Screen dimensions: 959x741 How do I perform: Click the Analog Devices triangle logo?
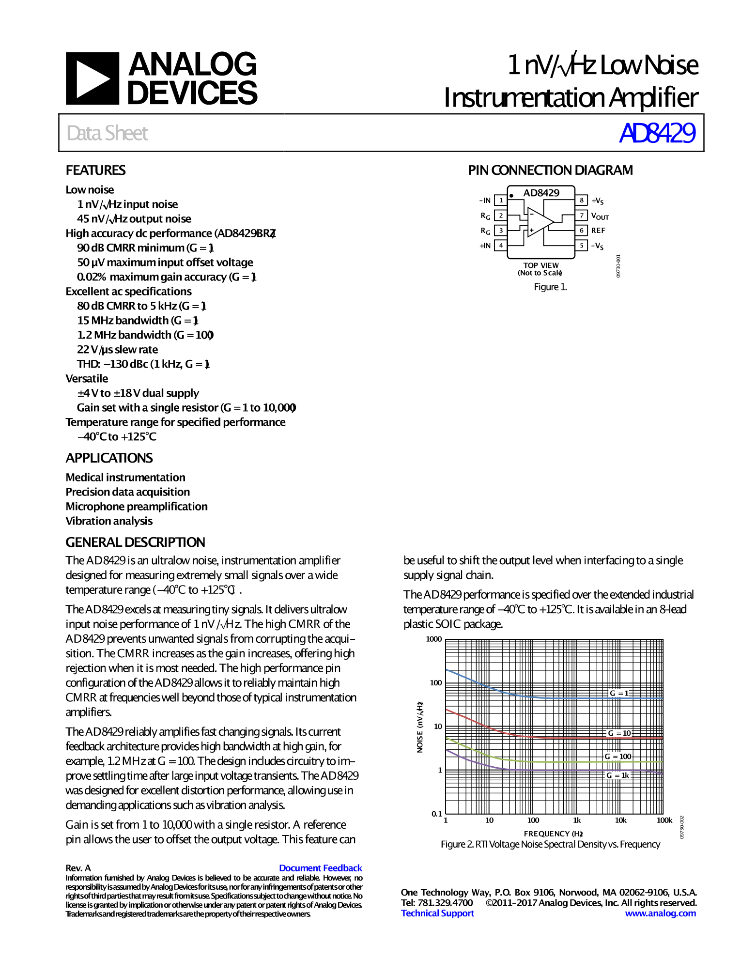(92, 78)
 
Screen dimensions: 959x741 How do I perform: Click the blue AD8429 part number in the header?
(657, 133)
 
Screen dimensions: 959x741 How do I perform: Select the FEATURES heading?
(95, 170)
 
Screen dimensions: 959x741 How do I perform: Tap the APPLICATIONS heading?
(109, 458)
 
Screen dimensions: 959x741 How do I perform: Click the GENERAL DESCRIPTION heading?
(135, 542)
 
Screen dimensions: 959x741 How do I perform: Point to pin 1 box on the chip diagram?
(501, 201)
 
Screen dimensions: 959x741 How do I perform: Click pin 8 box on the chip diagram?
(581, 201)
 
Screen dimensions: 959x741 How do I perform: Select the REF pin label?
(598, 231)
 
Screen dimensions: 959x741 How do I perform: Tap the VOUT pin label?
(600, 216)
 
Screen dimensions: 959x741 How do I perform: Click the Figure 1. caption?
(550, 287)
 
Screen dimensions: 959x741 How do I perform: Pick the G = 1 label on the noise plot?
(619, 693)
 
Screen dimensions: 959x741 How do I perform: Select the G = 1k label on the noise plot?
(618, 775)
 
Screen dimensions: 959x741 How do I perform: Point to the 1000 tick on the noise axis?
(434, 639)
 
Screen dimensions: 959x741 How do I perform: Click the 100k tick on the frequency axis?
(664, 820)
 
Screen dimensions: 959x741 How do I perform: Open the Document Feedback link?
(320, 868)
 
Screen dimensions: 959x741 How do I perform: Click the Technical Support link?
(437, 913)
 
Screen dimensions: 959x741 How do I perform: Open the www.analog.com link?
(660, 913)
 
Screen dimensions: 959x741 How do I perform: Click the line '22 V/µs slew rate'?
(117, 350)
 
